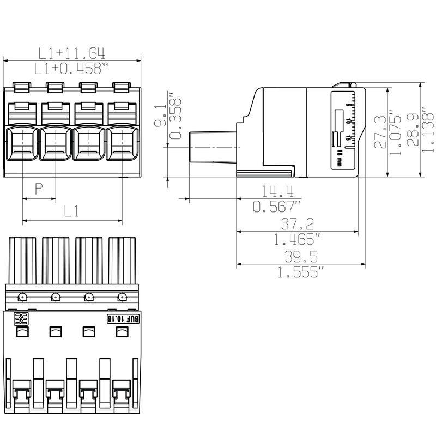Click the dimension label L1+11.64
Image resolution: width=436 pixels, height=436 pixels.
[x=71, y=53]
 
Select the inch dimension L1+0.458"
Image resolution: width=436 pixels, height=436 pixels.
[x=71, y=69]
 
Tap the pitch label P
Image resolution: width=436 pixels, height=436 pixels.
[x=39, y=189]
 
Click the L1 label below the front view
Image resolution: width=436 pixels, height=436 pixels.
[x=71, y=211]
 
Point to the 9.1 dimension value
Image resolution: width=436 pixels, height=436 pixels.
[x=162, y=116]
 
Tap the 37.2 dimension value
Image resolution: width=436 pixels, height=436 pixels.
[x=298, y=223]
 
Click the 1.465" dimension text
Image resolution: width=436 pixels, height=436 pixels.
[x=298, y=239]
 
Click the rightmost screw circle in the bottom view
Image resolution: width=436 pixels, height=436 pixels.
[x=122, y=297]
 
